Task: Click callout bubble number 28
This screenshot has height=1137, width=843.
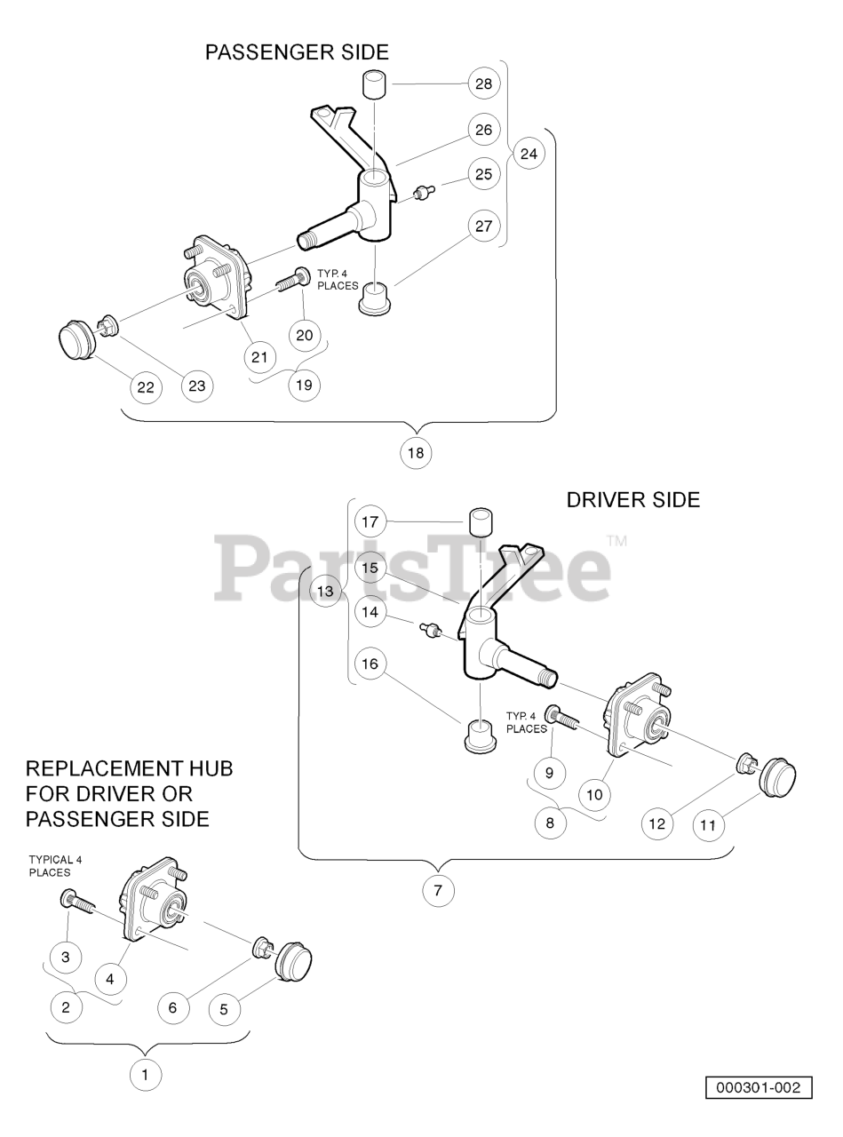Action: pos(483,83)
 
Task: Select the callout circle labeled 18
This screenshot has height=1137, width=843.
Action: pos(416,452)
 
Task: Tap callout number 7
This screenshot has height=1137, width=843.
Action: pos(438,889)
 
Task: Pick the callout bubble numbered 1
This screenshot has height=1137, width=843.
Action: pos(146,1076)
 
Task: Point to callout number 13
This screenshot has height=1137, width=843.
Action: pos(327,591)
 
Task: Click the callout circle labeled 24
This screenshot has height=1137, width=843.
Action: pos(529,154)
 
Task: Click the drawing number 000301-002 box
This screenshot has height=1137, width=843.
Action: pos(759,1087)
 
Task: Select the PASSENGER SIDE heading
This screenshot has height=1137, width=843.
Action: pos(297,52)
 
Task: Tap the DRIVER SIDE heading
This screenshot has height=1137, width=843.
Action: pos(632,500)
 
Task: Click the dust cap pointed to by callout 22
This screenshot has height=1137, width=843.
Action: pos(75,342)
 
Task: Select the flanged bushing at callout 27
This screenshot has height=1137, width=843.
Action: pos(375,298)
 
